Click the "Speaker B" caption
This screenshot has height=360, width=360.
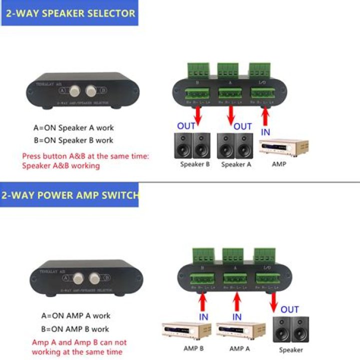[195, 164]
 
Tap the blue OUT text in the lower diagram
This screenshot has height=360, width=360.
[289, 309]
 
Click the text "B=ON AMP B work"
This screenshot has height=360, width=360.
[75, 329]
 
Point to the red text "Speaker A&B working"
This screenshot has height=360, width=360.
[61, 165]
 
